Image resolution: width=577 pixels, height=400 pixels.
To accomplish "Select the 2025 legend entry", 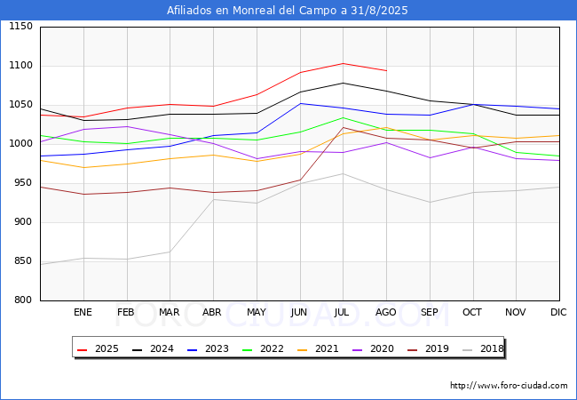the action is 98,348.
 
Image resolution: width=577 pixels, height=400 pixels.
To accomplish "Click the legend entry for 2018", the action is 483,348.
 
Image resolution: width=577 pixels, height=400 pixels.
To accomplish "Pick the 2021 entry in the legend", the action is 318,348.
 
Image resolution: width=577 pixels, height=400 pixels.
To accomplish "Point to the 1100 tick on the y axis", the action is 21,66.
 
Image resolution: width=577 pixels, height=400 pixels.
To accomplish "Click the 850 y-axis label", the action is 23,260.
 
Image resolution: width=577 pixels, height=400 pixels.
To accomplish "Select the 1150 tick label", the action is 21,26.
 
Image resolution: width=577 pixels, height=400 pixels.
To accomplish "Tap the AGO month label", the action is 385,312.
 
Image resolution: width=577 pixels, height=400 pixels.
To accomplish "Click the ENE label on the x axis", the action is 83,312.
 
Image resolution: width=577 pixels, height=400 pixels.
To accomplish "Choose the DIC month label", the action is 558,312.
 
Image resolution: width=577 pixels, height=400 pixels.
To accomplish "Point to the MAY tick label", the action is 257,312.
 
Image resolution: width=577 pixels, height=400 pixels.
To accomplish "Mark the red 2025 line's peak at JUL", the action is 343,64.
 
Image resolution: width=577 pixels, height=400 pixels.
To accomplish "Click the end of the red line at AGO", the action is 386,71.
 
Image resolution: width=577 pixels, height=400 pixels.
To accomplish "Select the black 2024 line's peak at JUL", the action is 343,84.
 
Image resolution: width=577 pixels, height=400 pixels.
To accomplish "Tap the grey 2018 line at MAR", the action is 170,252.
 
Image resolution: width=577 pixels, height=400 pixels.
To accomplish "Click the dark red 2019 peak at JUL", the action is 343,127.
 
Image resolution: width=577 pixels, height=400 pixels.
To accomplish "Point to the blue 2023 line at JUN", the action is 300,103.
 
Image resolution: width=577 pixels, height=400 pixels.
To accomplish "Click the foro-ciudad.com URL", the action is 509,386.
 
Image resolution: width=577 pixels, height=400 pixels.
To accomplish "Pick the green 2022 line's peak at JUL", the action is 343,118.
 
